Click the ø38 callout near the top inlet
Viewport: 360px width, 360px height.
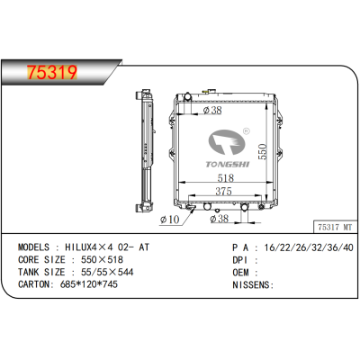[x=213, y=112]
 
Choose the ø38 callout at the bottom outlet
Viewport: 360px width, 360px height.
[x=219, y=219]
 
